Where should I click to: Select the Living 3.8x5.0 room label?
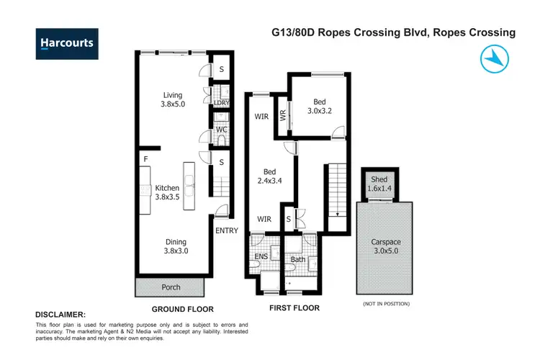172,99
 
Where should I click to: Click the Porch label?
171,287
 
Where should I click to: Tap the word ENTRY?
225,230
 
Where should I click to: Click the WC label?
222,130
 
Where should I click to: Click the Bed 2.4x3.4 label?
269,176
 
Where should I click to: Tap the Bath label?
299,259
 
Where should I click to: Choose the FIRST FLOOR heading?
294,308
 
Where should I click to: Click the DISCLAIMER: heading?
60,315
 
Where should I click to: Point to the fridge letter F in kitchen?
145,158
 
